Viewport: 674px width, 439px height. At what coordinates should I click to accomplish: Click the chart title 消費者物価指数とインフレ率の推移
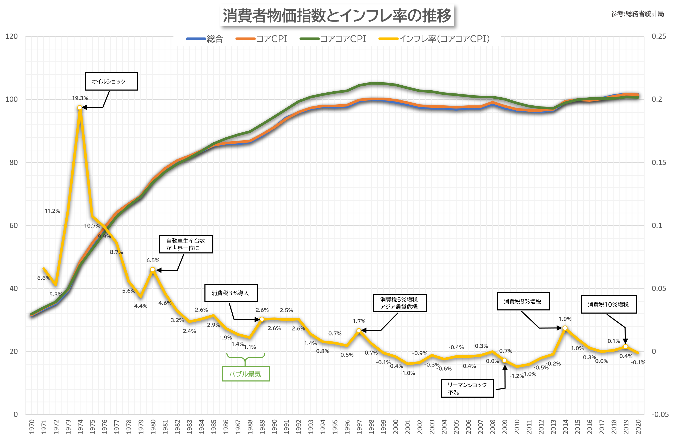337,16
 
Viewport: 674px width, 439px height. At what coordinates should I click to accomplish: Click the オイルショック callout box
111,81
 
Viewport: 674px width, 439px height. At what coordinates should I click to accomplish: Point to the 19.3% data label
80,98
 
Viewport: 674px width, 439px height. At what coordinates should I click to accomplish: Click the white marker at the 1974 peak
80,107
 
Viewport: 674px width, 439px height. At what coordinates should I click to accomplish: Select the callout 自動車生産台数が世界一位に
185,244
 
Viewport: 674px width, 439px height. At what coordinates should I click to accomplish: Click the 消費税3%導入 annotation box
231,293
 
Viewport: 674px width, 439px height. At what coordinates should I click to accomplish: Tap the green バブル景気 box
246,374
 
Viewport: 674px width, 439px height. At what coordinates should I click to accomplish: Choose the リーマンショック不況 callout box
467,388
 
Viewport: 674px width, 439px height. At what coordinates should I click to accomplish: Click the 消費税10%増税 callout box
609,304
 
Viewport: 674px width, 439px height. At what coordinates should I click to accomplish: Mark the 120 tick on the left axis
11,36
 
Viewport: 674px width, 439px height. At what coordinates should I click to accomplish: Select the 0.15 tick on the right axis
658,162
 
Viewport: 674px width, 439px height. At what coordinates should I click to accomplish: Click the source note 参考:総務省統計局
637,14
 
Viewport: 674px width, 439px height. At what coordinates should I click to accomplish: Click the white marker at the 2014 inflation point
565,328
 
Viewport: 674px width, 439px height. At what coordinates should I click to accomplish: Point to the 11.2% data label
52,211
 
